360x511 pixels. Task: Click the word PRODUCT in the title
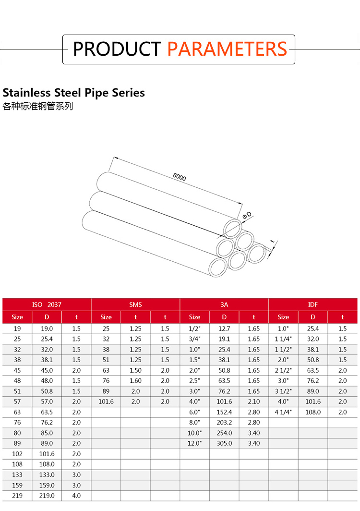pos(116,49)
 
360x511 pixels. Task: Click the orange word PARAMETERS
pos(227,49)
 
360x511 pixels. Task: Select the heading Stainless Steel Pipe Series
pos(73,92)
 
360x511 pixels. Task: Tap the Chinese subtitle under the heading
pos(38,106)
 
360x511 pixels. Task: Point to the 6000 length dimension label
pos(179,177)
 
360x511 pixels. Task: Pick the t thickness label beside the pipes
pos(272,241)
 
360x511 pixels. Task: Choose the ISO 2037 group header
pos(47,304)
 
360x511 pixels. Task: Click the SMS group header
pos(135,304)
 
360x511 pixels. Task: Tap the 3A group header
pos(224,304)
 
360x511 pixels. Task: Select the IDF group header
pos(313,304)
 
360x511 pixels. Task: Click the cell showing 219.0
pos(47,496)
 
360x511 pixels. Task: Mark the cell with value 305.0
pos(224,443)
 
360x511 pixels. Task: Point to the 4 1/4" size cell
pos(283,412)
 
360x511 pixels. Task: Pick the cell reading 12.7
pos(224,328)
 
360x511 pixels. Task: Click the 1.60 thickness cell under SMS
pos(135,381)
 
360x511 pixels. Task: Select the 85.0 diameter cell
pos(47,433)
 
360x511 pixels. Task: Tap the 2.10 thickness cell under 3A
pos(253,401)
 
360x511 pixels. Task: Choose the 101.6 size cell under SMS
pos(106,401)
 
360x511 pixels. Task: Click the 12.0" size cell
pos(194,443)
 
